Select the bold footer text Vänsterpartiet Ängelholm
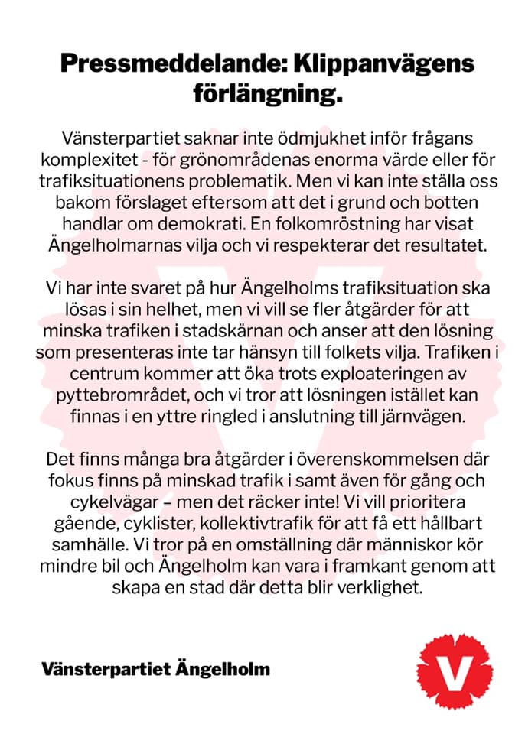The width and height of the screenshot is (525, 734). (x=156, y=669)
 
